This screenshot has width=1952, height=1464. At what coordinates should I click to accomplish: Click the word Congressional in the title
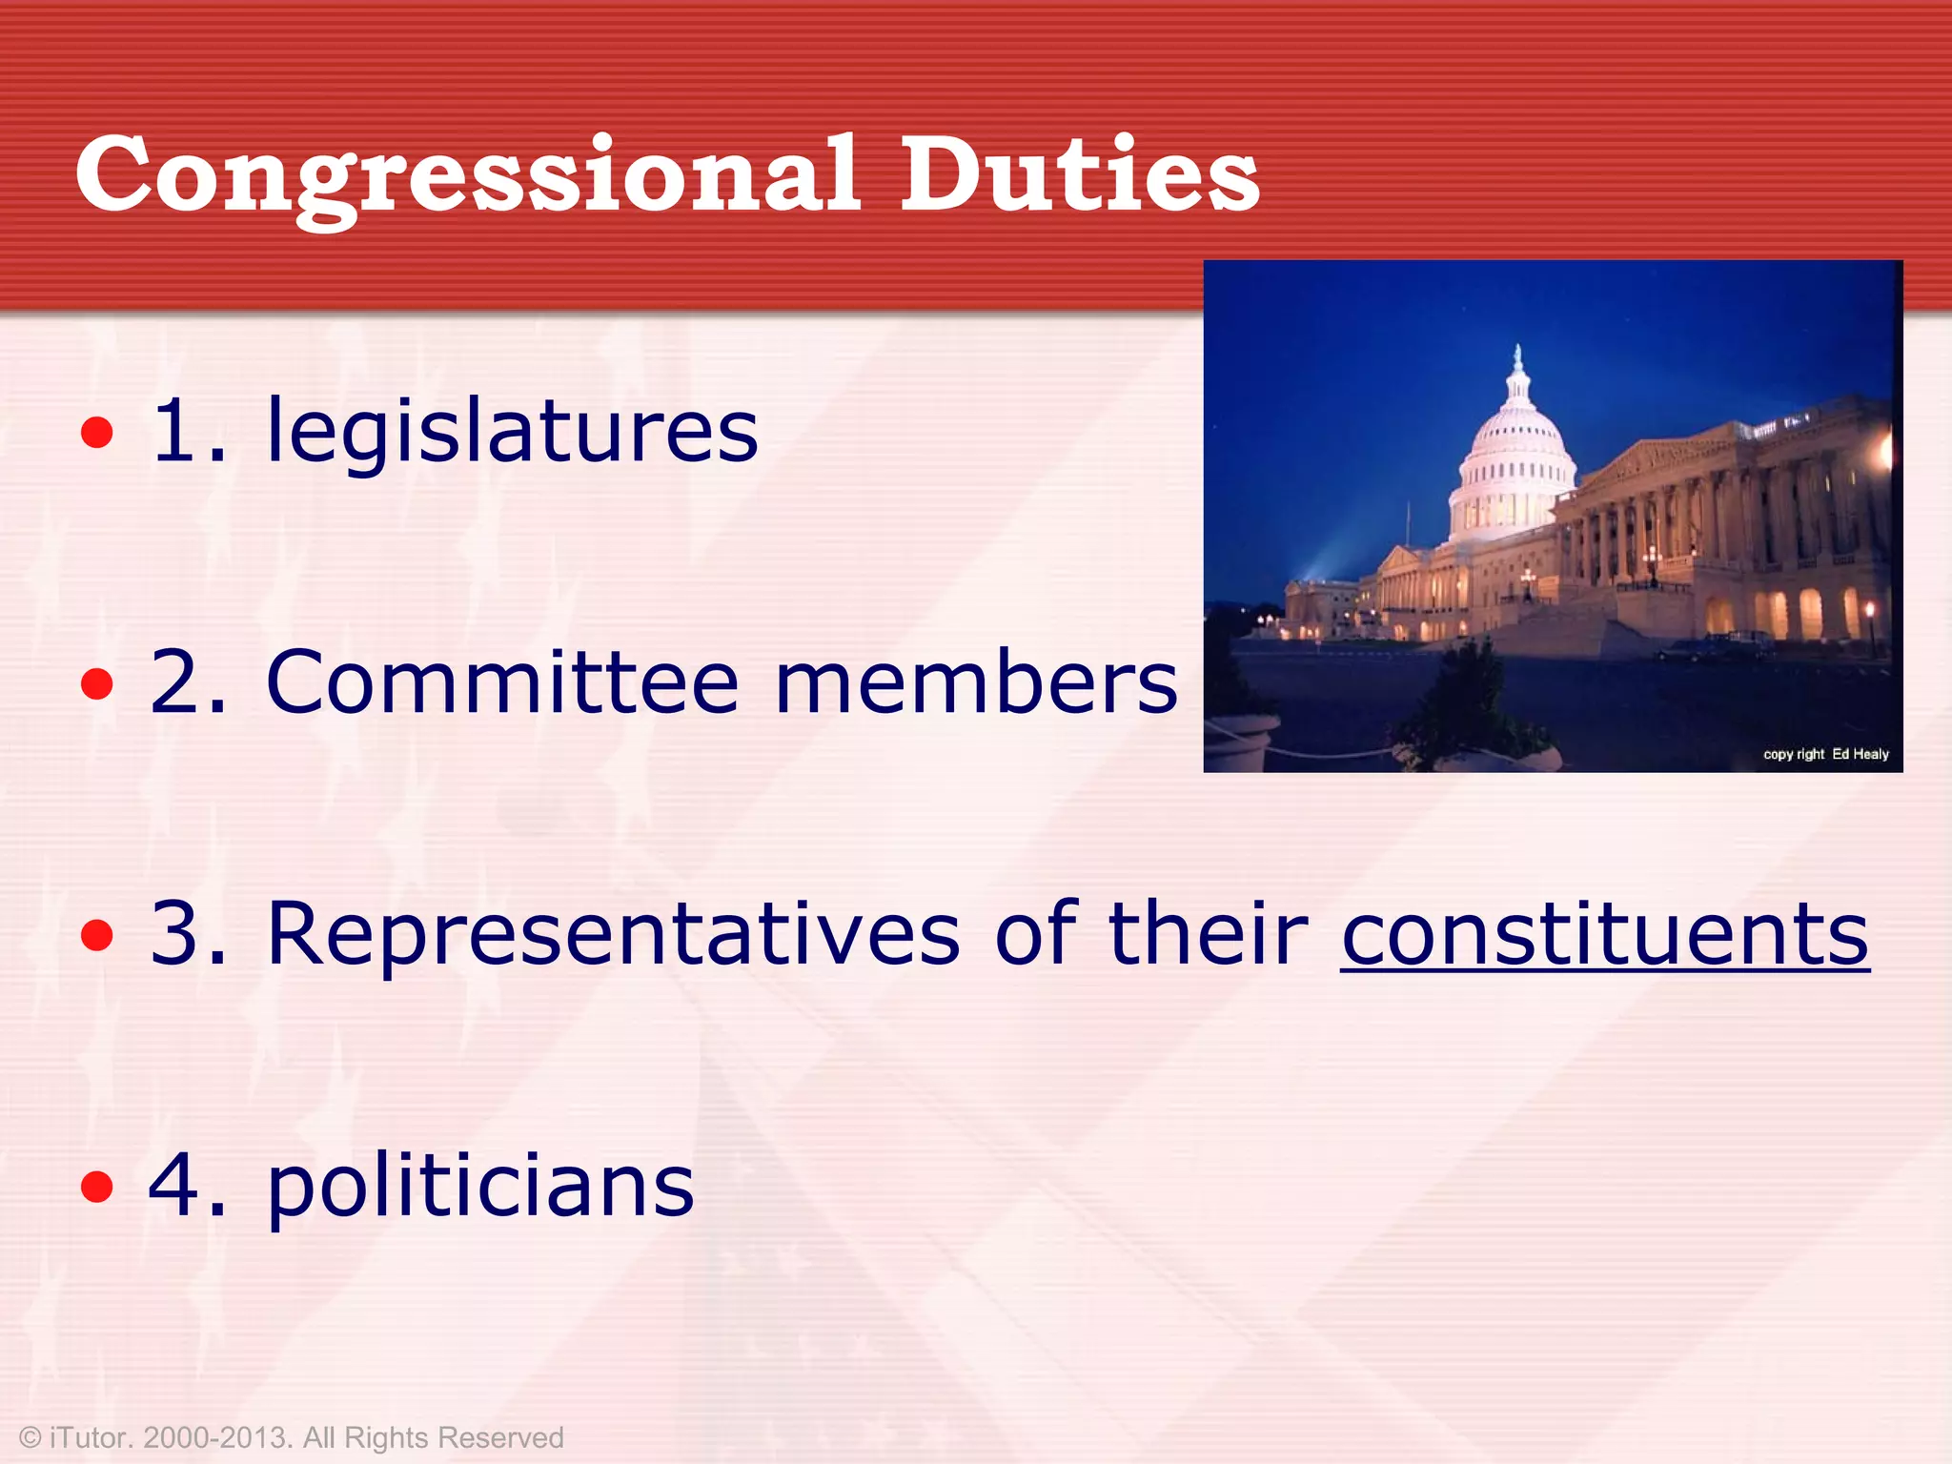[467, 176]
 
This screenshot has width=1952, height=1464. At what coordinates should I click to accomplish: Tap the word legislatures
[512, 432]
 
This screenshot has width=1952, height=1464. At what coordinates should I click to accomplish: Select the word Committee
[502, 682]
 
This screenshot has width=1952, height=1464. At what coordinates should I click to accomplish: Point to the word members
[976, 682]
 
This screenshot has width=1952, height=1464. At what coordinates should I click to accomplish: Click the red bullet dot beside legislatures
[97, 434]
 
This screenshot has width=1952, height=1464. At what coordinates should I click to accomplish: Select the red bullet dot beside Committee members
[97, 684]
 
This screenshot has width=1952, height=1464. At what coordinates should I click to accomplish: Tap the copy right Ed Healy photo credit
[1825, 754]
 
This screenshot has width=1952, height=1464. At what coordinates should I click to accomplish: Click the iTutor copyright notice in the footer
[292, 1437]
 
